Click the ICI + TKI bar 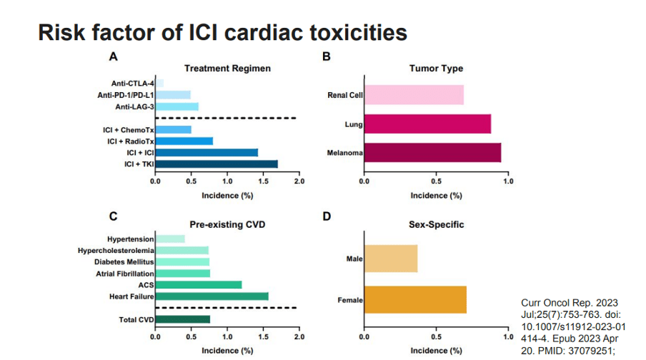(x=217, y=164)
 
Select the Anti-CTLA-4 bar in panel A (x=160, y=84)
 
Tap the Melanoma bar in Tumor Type (x=433, y=153)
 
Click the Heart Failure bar (x=212, y=296)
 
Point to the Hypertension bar (x=170, y=239)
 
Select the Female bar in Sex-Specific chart (x=416, y=300)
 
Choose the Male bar (x=391, y=258)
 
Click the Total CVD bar (x=183, y=319)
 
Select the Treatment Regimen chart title (x=227, y=69)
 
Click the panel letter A (x=112, y=56)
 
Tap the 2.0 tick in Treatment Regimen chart (x=299, y=181)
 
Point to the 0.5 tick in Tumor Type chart (x=437, y=181)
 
